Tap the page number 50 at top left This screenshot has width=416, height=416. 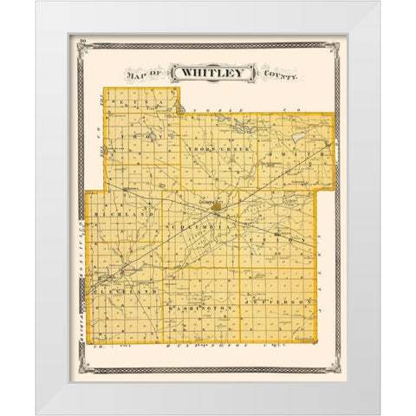81,42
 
